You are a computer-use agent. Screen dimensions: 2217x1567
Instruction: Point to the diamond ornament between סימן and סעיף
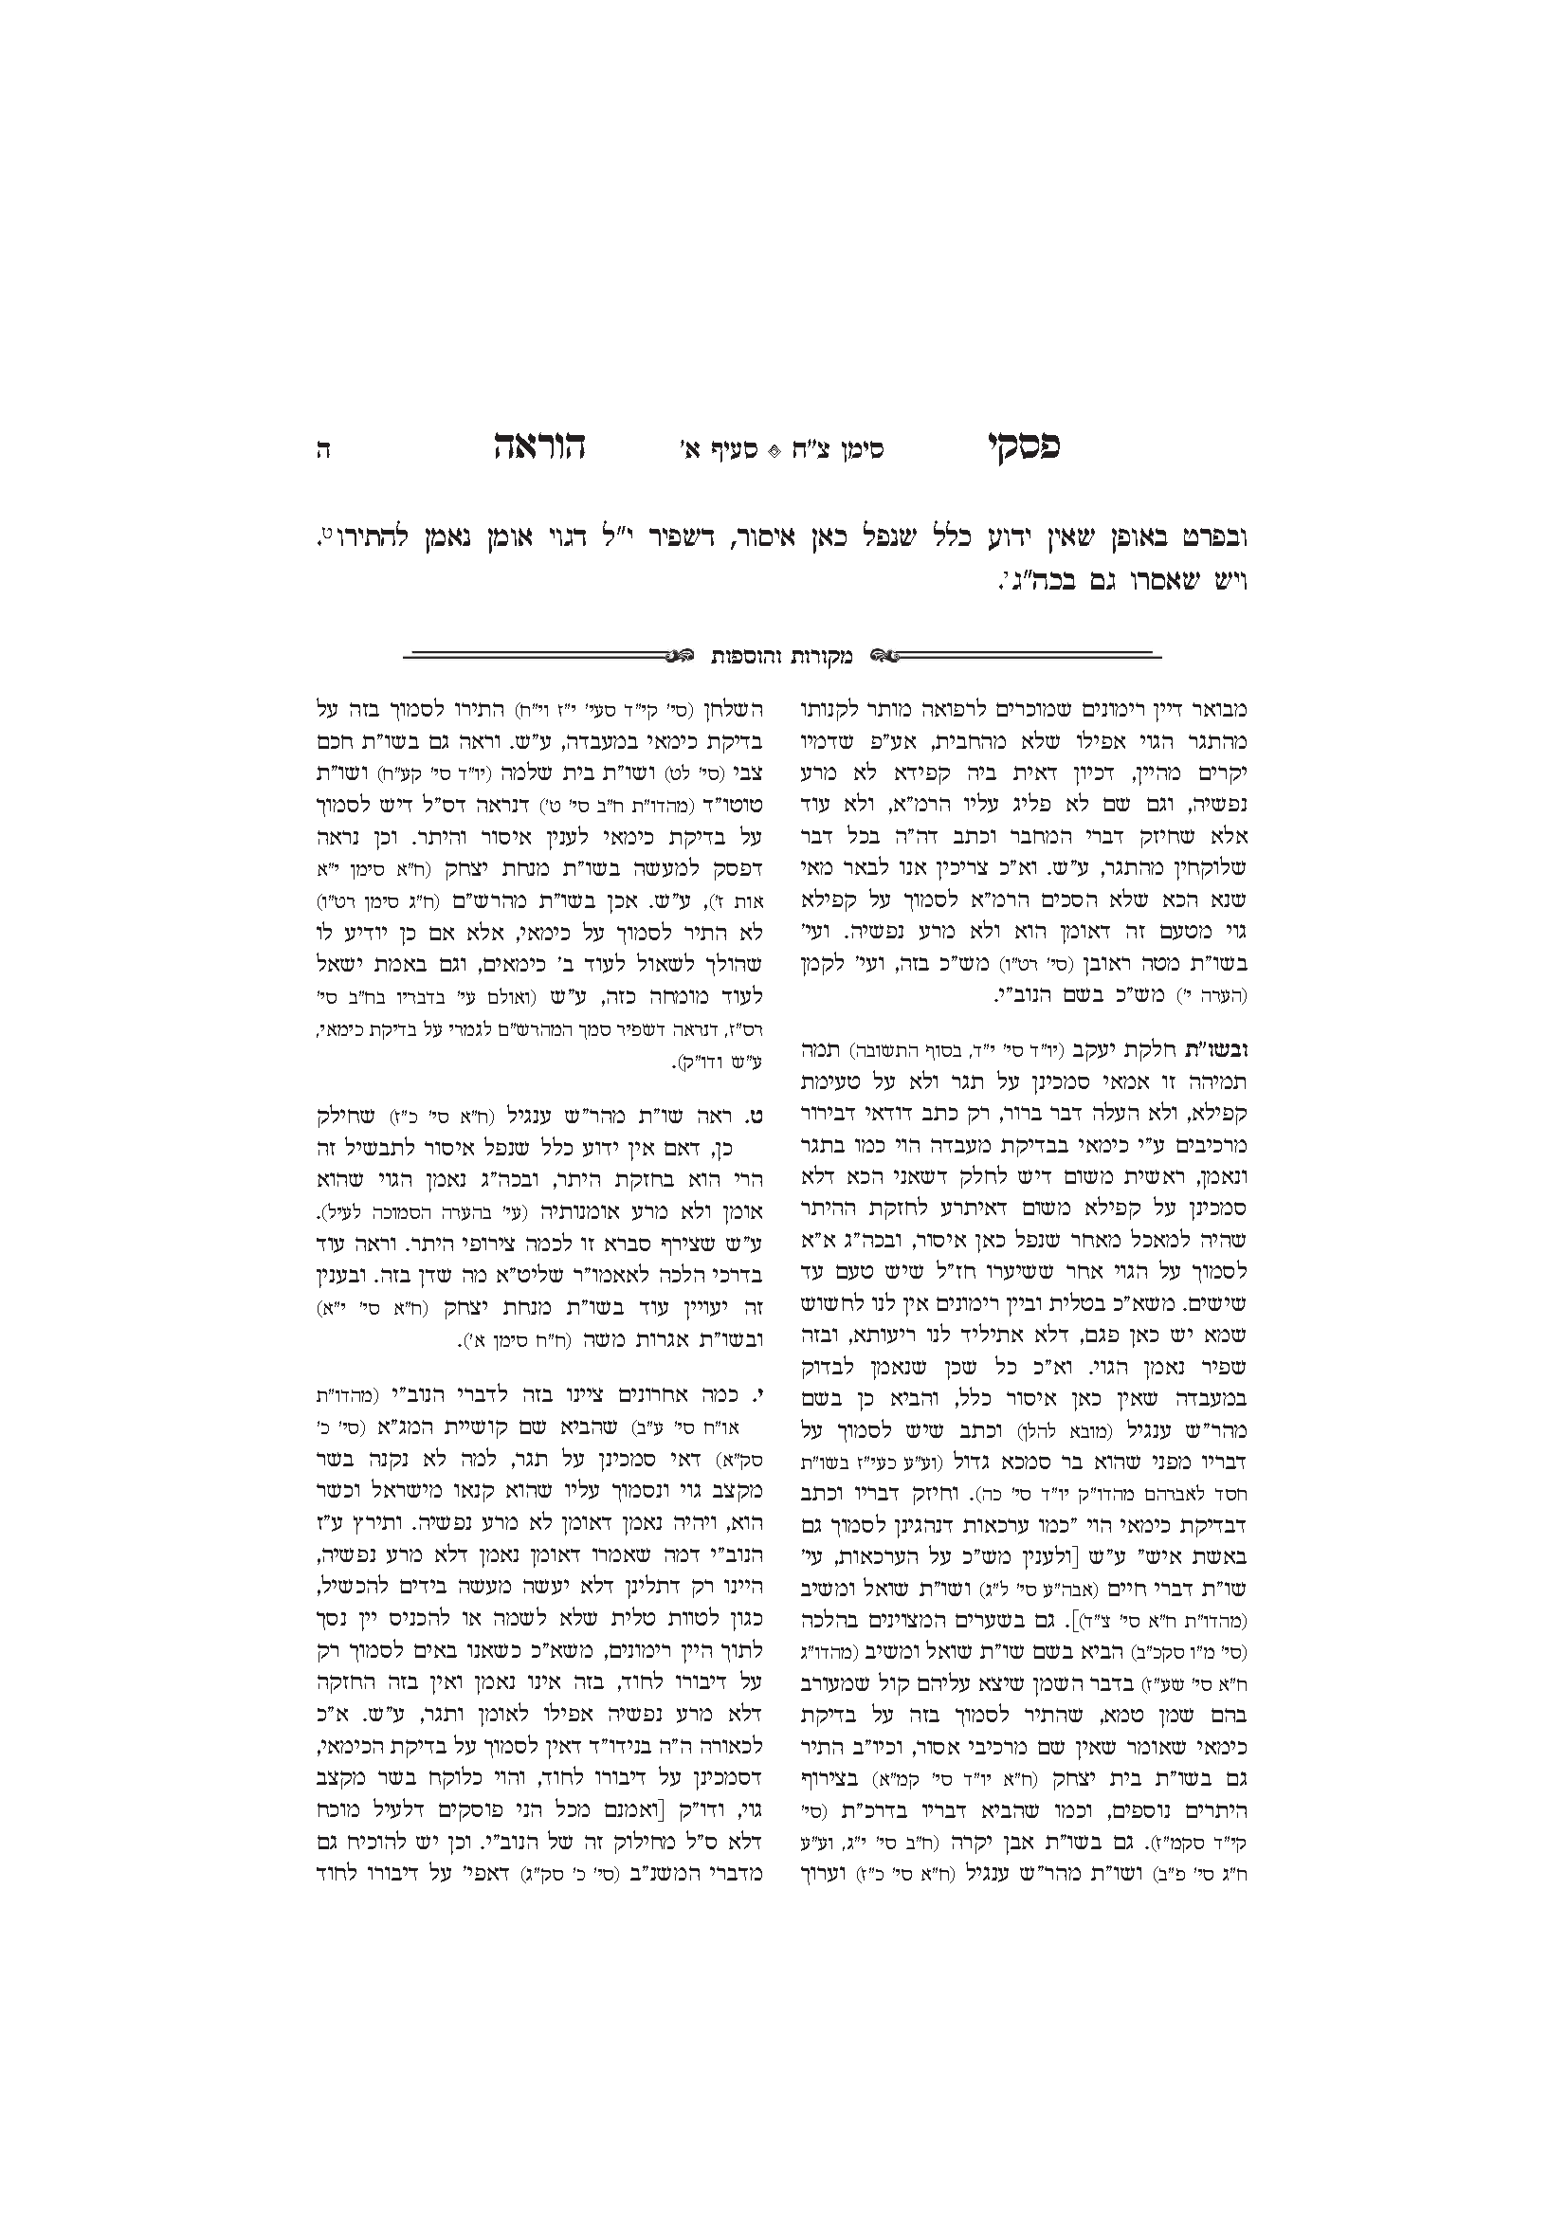coord(773,450)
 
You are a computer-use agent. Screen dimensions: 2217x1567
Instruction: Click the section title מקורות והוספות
coord(781,656)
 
